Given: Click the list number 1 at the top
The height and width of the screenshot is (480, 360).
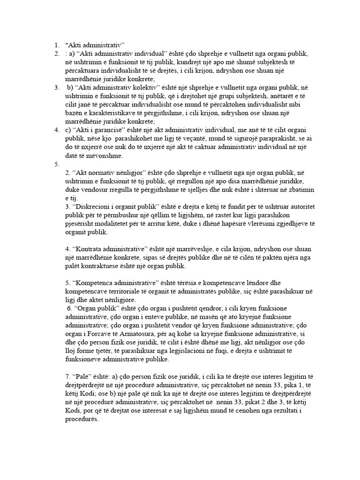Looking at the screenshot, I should click(x=55, y=45).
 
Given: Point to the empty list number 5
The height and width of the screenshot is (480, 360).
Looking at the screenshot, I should click(x=56, y=164).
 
